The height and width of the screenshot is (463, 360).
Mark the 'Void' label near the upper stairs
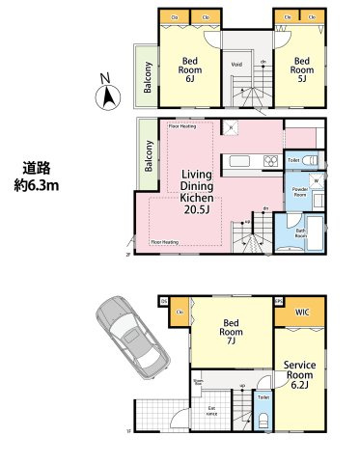coord(236,66)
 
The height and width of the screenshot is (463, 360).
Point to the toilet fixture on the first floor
coord(263,420)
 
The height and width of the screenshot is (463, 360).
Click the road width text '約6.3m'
coord(36,184)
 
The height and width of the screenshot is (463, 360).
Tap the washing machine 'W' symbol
coord(316,179)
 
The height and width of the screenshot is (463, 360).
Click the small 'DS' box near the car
coord(164,302)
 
